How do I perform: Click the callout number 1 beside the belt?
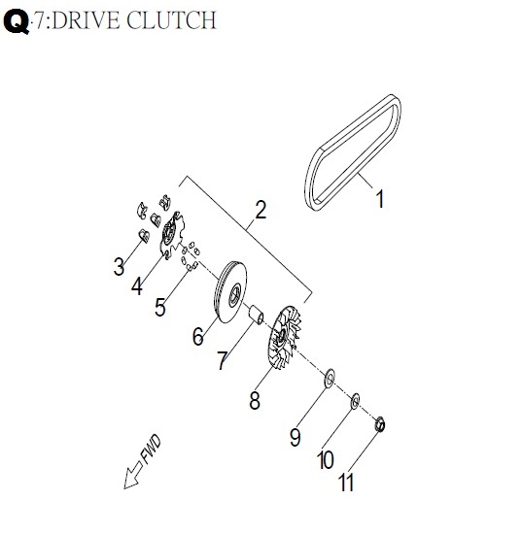coord(380,199)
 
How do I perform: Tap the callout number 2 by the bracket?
coord(261,210)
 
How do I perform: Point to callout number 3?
coord(119,266)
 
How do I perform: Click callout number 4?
coord(137,286)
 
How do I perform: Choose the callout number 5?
coord(160,307)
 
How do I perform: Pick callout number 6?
coord(198,336)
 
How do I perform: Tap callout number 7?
coord(223,360)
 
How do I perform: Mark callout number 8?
coord(255,400)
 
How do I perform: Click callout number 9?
coord(296,437)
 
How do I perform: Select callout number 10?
coord(326,460)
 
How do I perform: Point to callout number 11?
coord(346,483)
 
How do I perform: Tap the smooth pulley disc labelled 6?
coord(230,292)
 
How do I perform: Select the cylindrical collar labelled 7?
coord(256,315)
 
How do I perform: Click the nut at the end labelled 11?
coord(380,424)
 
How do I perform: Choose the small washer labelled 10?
coord(355,401)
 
